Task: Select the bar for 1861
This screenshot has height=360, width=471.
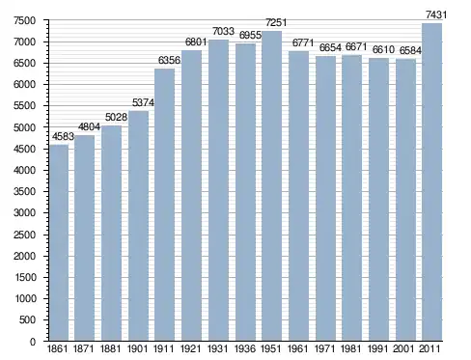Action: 59,242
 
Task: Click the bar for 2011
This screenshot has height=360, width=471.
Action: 431,181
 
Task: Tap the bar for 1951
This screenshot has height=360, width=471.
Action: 272,185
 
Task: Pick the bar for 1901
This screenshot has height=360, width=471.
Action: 138,226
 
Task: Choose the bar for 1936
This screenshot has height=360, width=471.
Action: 245,192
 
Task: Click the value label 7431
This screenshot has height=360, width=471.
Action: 436,14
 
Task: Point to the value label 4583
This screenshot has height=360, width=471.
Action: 63,137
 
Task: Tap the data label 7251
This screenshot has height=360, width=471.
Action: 276,22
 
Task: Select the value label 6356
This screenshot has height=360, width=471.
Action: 169,60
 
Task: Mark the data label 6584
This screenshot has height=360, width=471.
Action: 410,50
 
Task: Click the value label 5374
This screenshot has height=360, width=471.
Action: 143,102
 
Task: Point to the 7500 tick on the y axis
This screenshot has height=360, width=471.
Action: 24,20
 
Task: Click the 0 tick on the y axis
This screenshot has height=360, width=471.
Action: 33,342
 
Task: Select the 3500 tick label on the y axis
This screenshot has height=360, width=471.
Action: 24,191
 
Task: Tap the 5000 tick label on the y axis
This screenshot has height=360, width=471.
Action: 24,127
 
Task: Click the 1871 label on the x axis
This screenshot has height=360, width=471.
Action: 83,348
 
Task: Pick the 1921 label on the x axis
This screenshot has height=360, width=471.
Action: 190,348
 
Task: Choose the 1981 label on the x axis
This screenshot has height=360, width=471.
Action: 351,348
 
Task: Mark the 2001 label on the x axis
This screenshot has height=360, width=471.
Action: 403,348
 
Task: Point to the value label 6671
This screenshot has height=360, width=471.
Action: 356,47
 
